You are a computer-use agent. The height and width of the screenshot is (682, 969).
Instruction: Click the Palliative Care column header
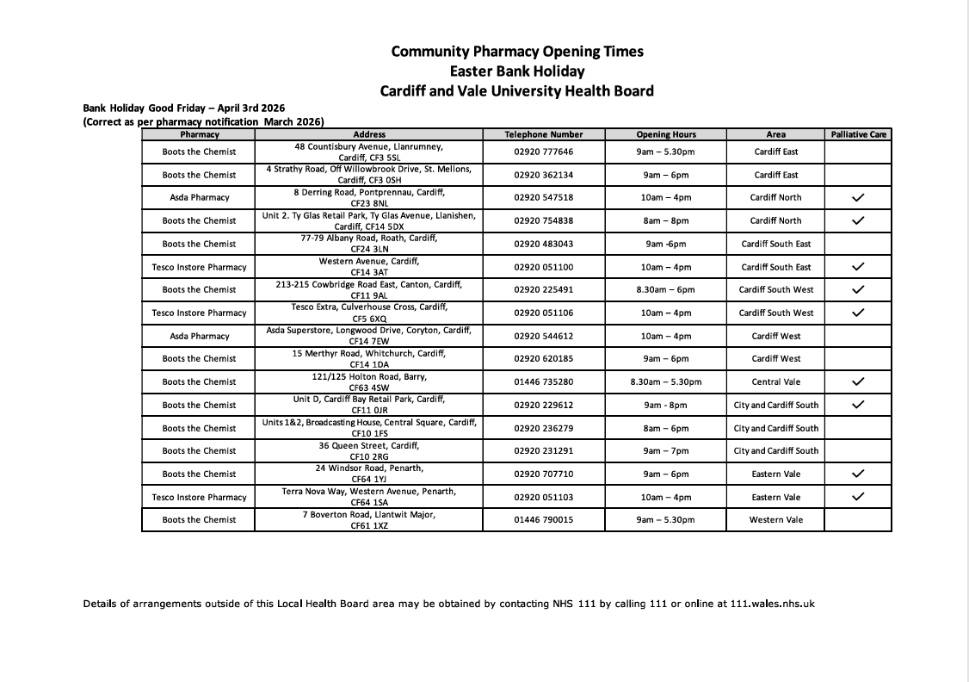tap(858, 134)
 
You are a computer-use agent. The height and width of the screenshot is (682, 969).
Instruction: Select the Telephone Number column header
tap(543, 134)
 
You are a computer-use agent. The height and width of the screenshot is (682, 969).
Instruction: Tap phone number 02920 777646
tap(543, 152)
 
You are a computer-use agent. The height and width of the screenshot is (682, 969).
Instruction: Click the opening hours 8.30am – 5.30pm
tap(665, 381)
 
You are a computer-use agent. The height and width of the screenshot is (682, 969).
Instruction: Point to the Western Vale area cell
tap(775, 520)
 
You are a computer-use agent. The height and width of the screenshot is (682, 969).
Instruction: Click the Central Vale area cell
tap(775, 381)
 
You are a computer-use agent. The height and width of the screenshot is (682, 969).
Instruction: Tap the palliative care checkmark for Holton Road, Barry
tap(858, 381)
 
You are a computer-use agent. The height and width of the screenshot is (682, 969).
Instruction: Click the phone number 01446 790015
tap(543, 520)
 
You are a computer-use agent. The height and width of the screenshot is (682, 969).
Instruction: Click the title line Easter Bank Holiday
tap(516, 71)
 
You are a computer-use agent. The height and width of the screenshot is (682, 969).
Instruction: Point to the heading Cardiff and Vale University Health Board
tap(516, 90)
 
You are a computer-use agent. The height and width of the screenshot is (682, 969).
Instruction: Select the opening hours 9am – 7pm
tap(665, 450)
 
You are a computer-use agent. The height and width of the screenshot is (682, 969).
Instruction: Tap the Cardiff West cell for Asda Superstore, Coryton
tap(775, 336)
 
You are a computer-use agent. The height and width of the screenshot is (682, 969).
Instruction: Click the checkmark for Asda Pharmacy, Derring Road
tap(858, 197)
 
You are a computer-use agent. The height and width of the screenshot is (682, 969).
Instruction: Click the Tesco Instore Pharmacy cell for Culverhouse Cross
tap(199, 313)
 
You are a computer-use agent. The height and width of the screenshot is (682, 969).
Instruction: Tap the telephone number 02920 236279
tap(543, 428)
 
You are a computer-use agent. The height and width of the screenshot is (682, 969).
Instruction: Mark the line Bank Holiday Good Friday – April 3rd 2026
tap(183, 108)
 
